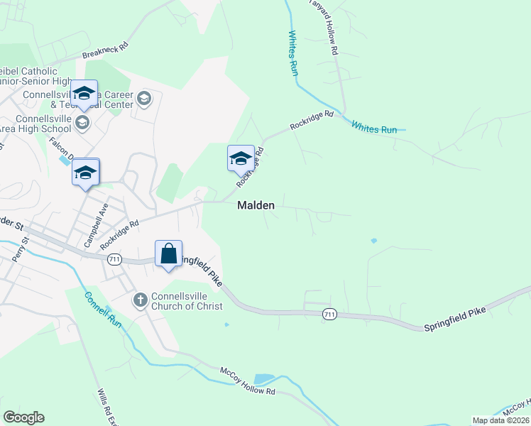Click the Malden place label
pos(255,205)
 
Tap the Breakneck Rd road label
pos(104,49)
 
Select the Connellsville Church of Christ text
pos(187,301)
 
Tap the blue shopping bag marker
pos(169,253)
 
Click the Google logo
pos(23,417)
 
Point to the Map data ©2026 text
pos(500,420)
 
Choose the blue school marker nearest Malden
pos(241,158)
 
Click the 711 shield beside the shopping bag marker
pos(114,260)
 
